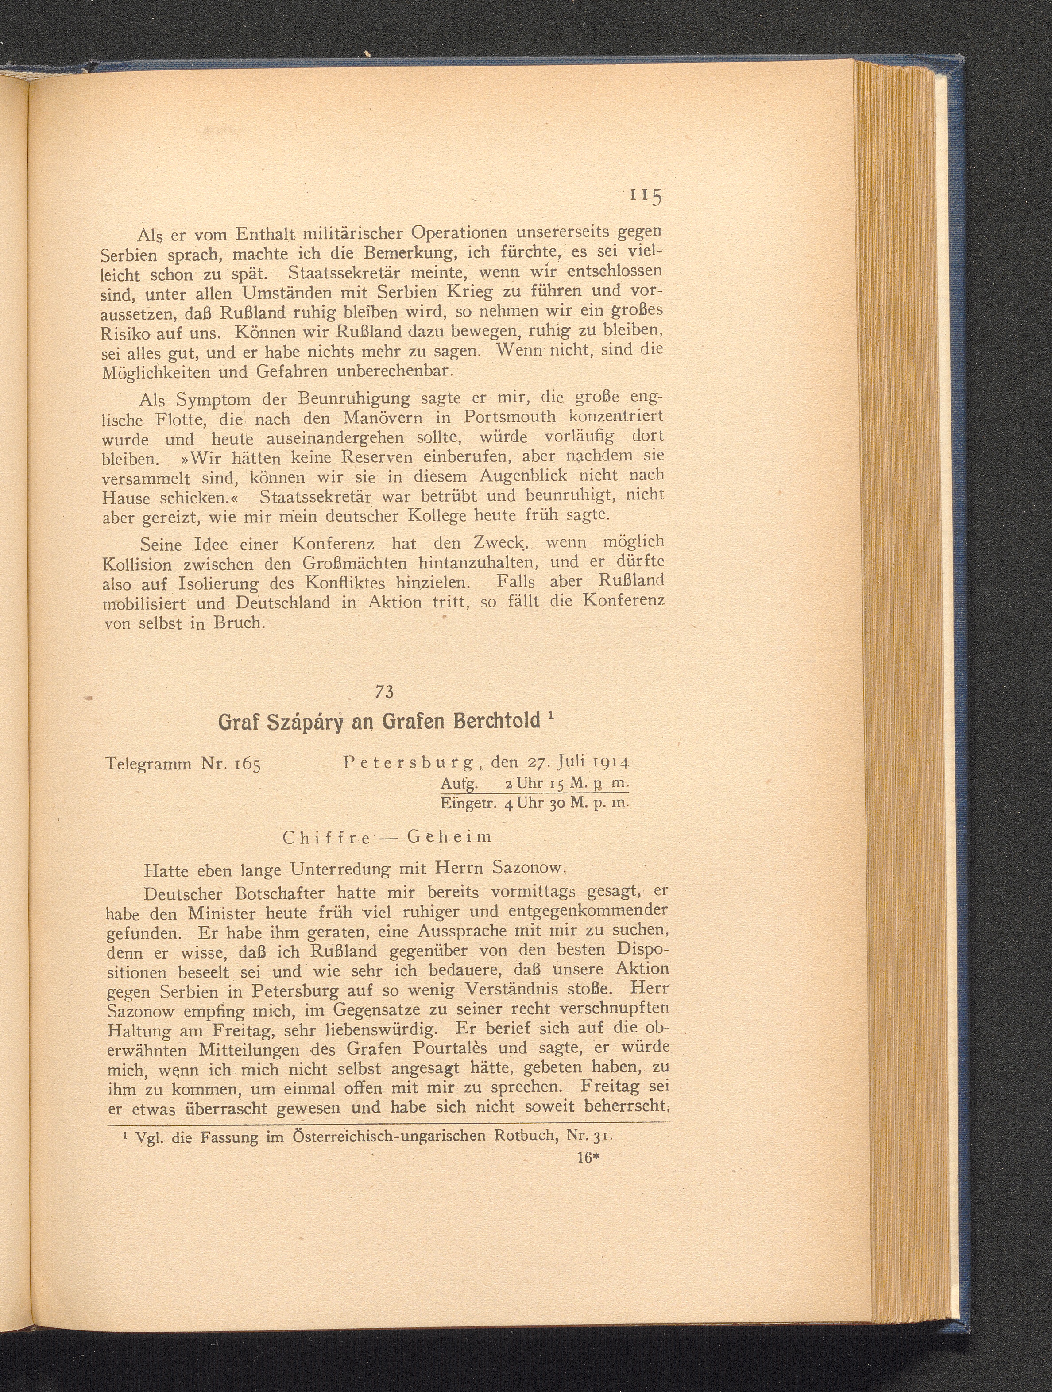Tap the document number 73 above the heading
(384, 692)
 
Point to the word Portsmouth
(509, 417)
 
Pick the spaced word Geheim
(449, 838)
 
